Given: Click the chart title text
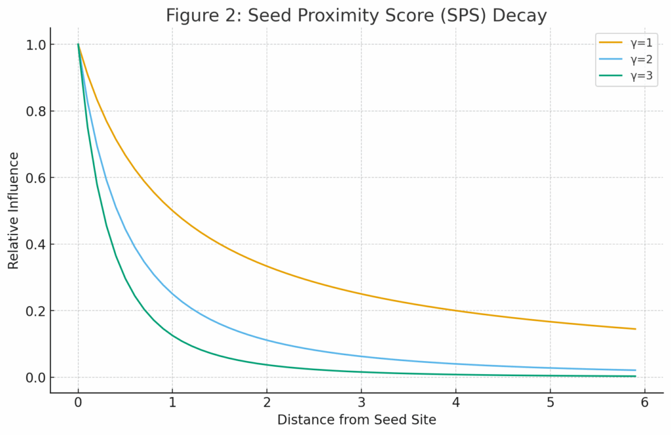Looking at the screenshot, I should click(x=356, y=16).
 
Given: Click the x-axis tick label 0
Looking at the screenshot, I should click(x=78, y=403).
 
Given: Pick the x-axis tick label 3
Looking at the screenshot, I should click(x=361, y=403).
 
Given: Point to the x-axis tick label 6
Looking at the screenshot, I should click(x=645, y=403).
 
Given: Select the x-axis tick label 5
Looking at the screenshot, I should click(x=550, y=403).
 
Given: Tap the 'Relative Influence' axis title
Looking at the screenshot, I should click(x=14, y=211).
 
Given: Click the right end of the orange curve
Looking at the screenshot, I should click(x=635, y=329).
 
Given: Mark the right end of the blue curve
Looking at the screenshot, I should click(x=635, y=370).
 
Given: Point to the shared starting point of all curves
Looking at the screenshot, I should click(x=78, y=45).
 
